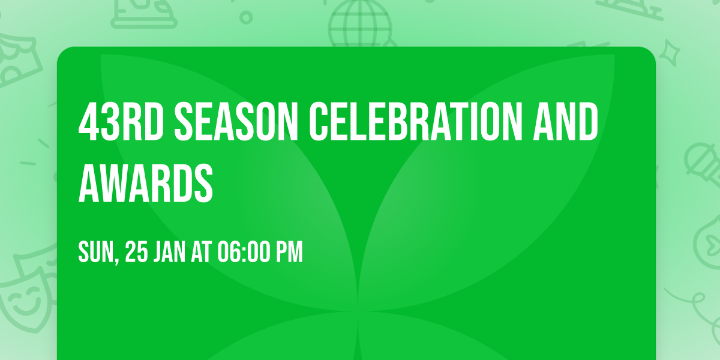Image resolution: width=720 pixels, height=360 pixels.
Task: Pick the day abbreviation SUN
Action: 95,253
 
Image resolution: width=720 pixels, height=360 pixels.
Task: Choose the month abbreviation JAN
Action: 170,253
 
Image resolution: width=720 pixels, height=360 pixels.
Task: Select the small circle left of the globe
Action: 246,17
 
